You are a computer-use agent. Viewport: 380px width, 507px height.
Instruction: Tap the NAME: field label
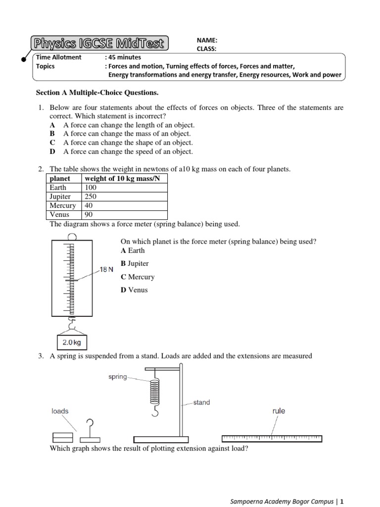(x=207, y=40)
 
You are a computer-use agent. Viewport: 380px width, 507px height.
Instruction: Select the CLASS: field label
(x=208, y=48)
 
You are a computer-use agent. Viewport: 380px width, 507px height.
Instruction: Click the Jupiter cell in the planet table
(x=60, y=197)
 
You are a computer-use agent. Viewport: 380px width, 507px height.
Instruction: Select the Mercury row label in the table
(x=63, y=205)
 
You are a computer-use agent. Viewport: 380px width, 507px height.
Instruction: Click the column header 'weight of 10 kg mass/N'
(x=123, y=178)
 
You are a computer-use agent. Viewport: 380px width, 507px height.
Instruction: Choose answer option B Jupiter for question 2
(x=135, y=264)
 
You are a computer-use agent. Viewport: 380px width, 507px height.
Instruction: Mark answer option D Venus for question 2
(x=134, y=290)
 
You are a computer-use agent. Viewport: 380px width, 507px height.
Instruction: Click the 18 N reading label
(x=106, y=270)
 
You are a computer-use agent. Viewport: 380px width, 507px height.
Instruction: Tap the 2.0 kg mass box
(x=72, y=342)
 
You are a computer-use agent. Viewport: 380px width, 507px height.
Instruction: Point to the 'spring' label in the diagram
(x=117, y=377)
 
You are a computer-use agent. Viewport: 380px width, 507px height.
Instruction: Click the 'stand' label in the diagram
(x=201, y=403)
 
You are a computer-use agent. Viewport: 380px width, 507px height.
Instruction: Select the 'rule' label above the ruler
(x=279, y=411)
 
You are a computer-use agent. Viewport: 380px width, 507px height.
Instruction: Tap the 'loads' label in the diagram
(x=60, y=411)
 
